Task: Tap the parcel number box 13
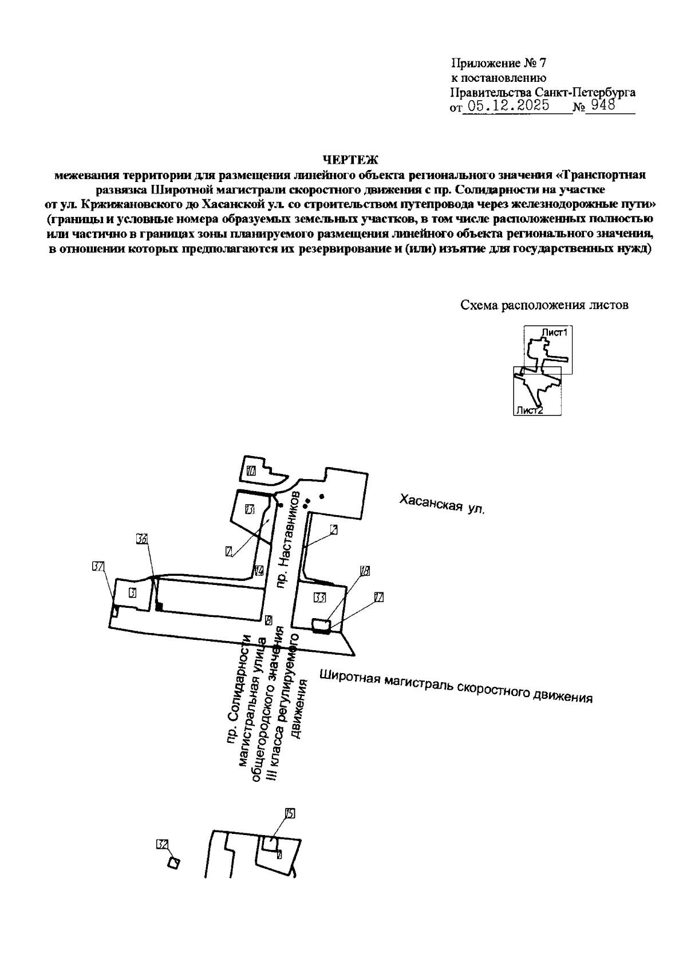click(x=249, y=509)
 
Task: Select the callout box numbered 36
click(x=142, y=539)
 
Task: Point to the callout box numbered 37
click(x=98, y=567)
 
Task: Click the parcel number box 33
click(x=320, y=598)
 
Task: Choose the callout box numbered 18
click(x=365, y=571)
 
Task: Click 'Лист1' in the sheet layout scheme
click(x=554, y=333)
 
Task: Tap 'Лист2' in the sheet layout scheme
click(x=528, y=410)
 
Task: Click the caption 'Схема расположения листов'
click(x=544, y=305)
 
